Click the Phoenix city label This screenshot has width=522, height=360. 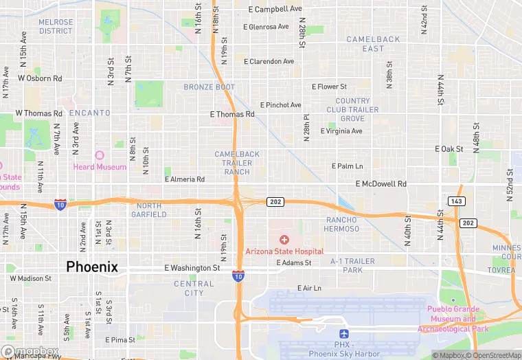point(92,267)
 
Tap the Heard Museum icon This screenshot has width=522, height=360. point(98,157)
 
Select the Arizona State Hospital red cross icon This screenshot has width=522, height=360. point(284,239)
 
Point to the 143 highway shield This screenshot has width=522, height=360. point(455,201)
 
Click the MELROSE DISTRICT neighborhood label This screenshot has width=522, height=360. point(56,27)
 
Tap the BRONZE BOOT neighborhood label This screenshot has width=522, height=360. point(209,87)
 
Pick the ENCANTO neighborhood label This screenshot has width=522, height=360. point(89,113)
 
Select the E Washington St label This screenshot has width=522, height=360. point(192,268)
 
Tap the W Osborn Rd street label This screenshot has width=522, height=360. point(40,78)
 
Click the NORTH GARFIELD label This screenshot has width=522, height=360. point(148,210)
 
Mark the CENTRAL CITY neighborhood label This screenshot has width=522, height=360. point(194,289)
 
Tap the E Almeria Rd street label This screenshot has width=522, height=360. point(184,179)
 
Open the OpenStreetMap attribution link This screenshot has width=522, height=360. point(493,355)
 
